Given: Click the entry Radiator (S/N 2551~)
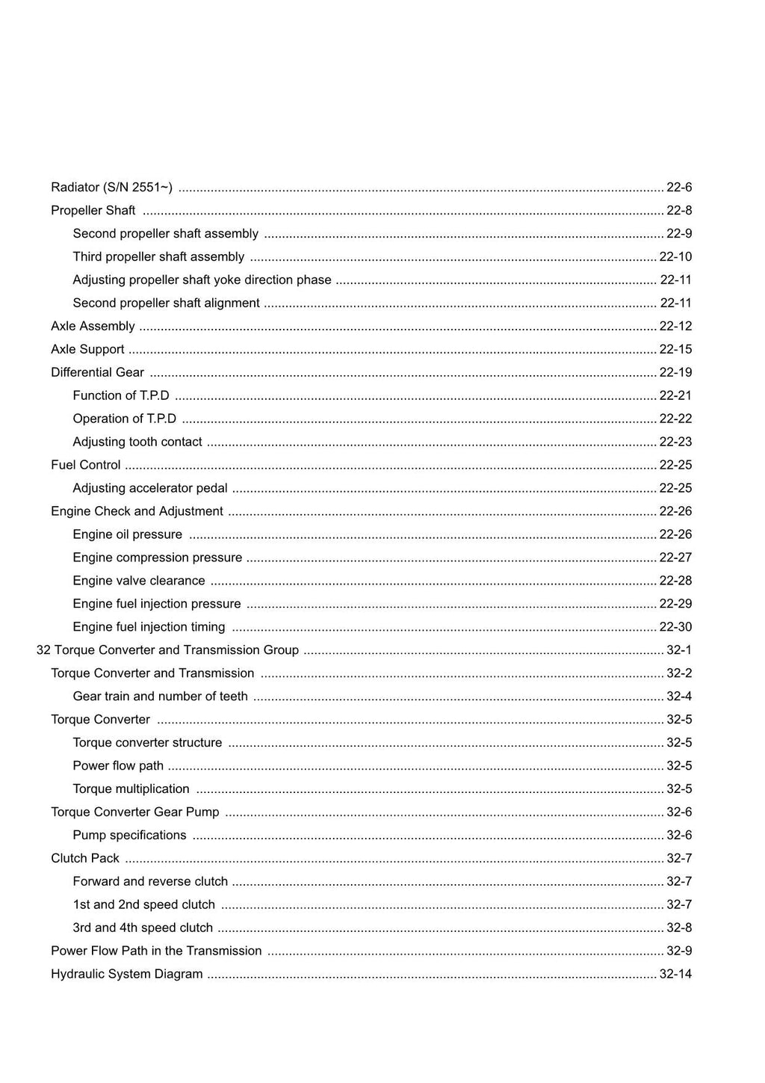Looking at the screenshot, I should tap(111, 188).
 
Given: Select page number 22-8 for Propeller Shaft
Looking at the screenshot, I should tap(678, 211).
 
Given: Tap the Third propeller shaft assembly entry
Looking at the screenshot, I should tap(158, 257).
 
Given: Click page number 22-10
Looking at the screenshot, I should tap(675, 257).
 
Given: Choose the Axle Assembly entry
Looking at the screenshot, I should tap(93, 327).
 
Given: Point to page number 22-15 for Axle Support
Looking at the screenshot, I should tap(675, 350).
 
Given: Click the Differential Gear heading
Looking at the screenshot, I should tap(97, 373).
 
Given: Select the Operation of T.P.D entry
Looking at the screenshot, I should tap(124, 419).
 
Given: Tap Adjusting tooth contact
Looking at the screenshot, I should tap(137, 442).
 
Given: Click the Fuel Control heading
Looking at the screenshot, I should tap(85, 466).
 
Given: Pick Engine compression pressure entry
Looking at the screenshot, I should tap(158, 558).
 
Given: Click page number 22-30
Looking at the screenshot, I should tap(675, 628).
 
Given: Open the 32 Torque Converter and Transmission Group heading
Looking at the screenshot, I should tap(167, 651).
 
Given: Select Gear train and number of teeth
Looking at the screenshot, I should tap(160, 697).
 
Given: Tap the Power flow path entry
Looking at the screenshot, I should tap(118, 766).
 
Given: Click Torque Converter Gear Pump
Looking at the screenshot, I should tap(134, 812).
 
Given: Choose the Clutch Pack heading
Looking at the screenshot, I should tap(84, 859).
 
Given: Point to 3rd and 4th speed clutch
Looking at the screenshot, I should tap(143, 928).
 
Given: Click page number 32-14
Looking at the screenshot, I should tap(675, 975).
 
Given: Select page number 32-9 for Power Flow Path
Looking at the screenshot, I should tap(678, 951).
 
